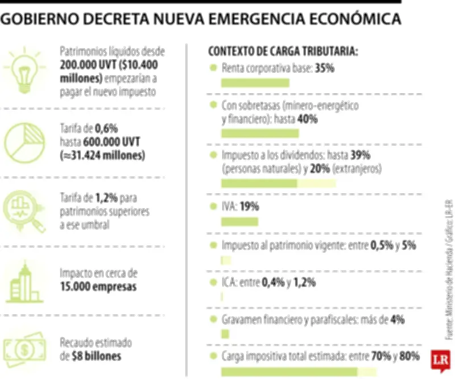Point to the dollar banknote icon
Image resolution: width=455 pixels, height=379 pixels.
click(x=24, y=348)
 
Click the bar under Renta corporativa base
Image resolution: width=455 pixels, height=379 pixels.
click(x=255, y=83)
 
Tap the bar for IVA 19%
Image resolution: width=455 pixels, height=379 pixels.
click(x=239, y=221)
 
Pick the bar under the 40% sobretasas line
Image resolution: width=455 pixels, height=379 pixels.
click(x=259, y=134)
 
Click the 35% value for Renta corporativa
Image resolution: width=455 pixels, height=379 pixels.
click(x=325, y=68)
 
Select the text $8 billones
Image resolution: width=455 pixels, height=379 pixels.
click(x=96, y=356)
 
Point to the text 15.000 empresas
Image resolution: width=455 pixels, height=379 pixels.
click(x=98, y=286)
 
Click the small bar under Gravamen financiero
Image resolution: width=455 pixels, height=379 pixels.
click(x=225, y=334)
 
